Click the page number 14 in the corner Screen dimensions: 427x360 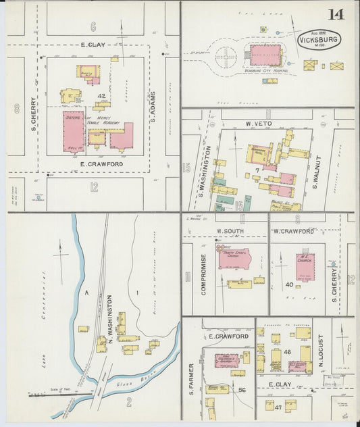coord(336,14)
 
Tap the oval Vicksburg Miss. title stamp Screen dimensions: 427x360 coord(319,40)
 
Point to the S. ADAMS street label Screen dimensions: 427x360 coord(154,105)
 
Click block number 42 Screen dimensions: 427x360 coord(101,97)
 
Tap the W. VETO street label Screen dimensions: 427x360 coord(258,124)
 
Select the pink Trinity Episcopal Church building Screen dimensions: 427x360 coord(234,258)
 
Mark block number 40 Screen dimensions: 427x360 coord(289,284)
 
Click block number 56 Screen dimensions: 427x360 coord(242,390)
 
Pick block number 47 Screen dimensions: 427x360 coord(278,407)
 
